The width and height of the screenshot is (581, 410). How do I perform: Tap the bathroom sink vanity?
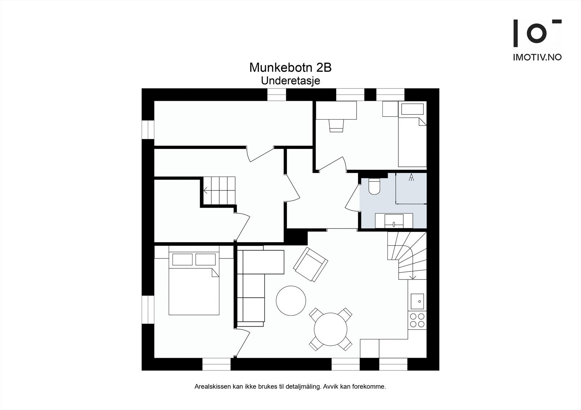point(394,220)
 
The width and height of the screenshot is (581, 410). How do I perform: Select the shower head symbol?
point(411,177)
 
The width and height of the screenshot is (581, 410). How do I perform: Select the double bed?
point(194,286)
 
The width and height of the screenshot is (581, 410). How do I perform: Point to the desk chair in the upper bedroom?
point(336,126)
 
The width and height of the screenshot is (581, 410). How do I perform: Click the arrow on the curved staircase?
point(413,277)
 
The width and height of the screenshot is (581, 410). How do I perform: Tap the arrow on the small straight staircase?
point(206,190)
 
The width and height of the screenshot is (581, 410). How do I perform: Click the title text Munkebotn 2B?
point(290,67)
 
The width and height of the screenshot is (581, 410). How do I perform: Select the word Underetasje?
point(290,80)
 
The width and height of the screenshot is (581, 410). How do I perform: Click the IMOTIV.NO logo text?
point(537,57)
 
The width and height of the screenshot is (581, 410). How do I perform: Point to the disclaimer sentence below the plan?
point(290,386)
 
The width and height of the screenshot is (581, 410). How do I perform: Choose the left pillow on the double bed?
point(182,260)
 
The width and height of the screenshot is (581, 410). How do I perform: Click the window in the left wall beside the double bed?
point(148,310)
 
